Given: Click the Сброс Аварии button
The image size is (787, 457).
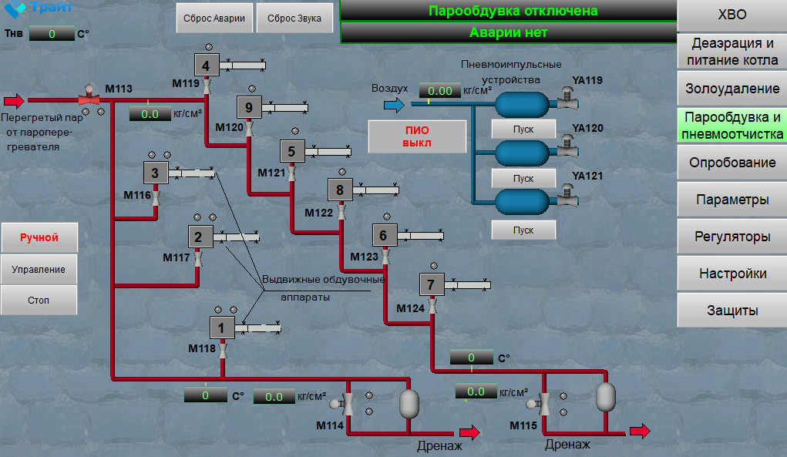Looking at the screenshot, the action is click(x=214, y=18).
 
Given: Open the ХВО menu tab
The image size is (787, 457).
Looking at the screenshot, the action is click(x=732, y=15).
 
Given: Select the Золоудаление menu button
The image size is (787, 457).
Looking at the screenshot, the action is click(x=732, y=89).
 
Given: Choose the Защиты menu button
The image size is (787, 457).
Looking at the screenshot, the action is click(x=732, y=311).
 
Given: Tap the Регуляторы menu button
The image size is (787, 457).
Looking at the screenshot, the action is click(x=732, y=237).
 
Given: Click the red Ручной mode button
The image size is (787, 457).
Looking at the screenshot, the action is click(x=39, y=237).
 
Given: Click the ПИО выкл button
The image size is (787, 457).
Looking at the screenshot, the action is click(x=417, y=136).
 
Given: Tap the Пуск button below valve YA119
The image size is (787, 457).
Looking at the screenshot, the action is click(x=523, y=129).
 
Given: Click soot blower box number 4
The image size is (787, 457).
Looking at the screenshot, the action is click(x=207, y=66).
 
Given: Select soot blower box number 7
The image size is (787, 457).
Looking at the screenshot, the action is click(x=432, y=284).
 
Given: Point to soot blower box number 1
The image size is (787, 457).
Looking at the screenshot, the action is click(x=222, y=328).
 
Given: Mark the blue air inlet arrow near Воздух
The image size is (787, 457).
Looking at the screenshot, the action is click(x=394, y=104).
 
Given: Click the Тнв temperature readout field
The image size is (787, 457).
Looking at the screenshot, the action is click(x=52, y=34).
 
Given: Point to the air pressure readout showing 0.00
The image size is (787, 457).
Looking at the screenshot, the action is click(x=439, y=91).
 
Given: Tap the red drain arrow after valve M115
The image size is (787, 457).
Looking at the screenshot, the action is click(x=640, y=431).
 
